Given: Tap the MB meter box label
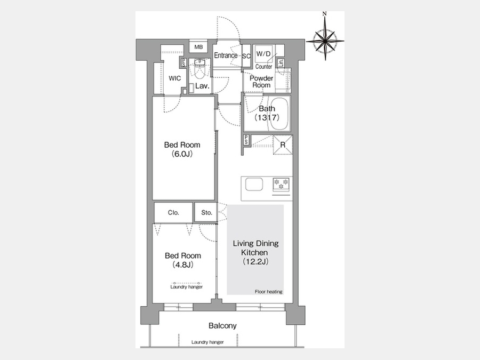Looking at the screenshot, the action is [x=198, y=47].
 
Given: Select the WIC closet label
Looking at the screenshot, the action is [x=175, y=78].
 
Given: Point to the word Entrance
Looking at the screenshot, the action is [x=226, y=55].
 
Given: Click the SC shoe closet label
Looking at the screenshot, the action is [x=246, y=57].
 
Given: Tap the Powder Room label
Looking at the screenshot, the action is [x=261, y=82].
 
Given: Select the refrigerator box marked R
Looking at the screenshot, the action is [x=283, y=145].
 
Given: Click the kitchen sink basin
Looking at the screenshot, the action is [x=254, y=185].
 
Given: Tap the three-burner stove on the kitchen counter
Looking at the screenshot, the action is [x=281, y=185].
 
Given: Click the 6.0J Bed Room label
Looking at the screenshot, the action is [x=182, y=149].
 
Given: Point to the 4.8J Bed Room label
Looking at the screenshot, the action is [x=183, y=260].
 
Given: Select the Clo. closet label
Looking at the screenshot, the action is [x=173, y=212].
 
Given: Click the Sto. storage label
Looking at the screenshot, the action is [x=206, y=212].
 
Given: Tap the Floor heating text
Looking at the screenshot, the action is [x=268, y=292].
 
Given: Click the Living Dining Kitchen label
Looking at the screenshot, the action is [x=255, y=253].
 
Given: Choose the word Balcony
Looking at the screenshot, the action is [x=222, y=325].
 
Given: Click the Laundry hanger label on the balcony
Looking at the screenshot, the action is [x=207, y=342].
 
